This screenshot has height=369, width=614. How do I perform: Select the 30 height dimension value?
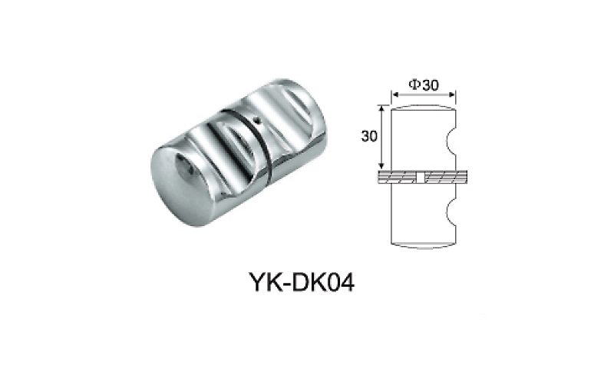pyautogui.click(x=369, y=136)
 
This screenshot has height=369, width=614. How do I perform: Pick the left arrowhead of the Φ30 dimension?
pyautogui.click(x=395, y=95)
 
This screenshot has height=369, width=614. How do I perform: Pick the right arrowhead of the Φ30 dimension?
pyautogui.click(x=454, y=95)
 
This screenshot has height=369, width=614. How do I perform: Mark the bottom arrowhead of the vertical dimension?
pyautogui.click(x=381, y=167)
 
